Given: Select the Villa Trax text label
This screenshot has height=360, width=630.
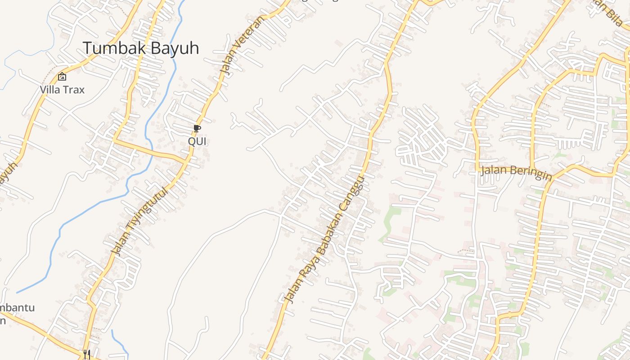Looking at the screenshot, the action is pyautogui.click(x=62, y=90).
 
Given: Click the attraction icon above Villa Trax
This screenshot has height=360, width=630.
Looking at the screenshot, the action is pyautogui.click(x=62, y=77).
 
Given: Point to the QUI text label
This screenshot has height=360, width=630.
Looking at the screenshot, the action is pyautogui.click(x=197, y=141).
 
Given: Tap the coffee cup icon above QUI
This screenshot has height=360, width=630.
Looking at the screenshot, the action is pyautogui.click(x=197, y=129).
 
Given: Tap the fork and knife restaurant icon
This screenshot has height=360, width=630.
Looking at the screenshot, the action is pyautogui.click(x=87, y=355).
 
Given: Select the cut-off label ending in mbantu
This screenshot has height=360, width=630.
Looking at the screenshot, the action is pyautogui.click(x=17, y=308).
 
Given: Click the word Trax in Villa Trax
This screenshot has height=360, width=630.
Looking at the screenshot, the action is pyautogui.click(x=73, y=90).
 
